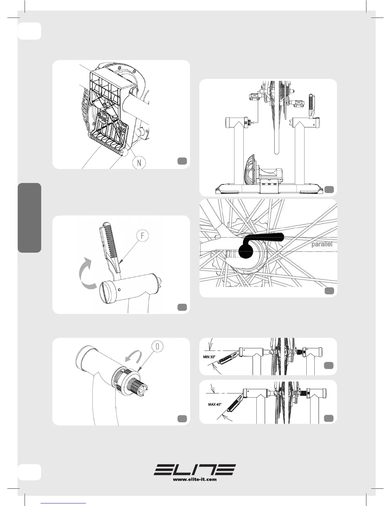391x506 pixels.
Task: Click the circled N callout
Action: point(139,162)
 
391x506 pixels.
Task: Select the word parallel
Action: point(322,244)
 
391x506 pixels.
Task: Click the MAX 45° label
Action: point(215,404)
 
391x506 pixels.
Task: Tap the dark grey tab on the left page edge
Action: point(29,218)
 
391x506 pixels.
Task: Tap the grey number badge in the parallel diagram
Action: point(329,290)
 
